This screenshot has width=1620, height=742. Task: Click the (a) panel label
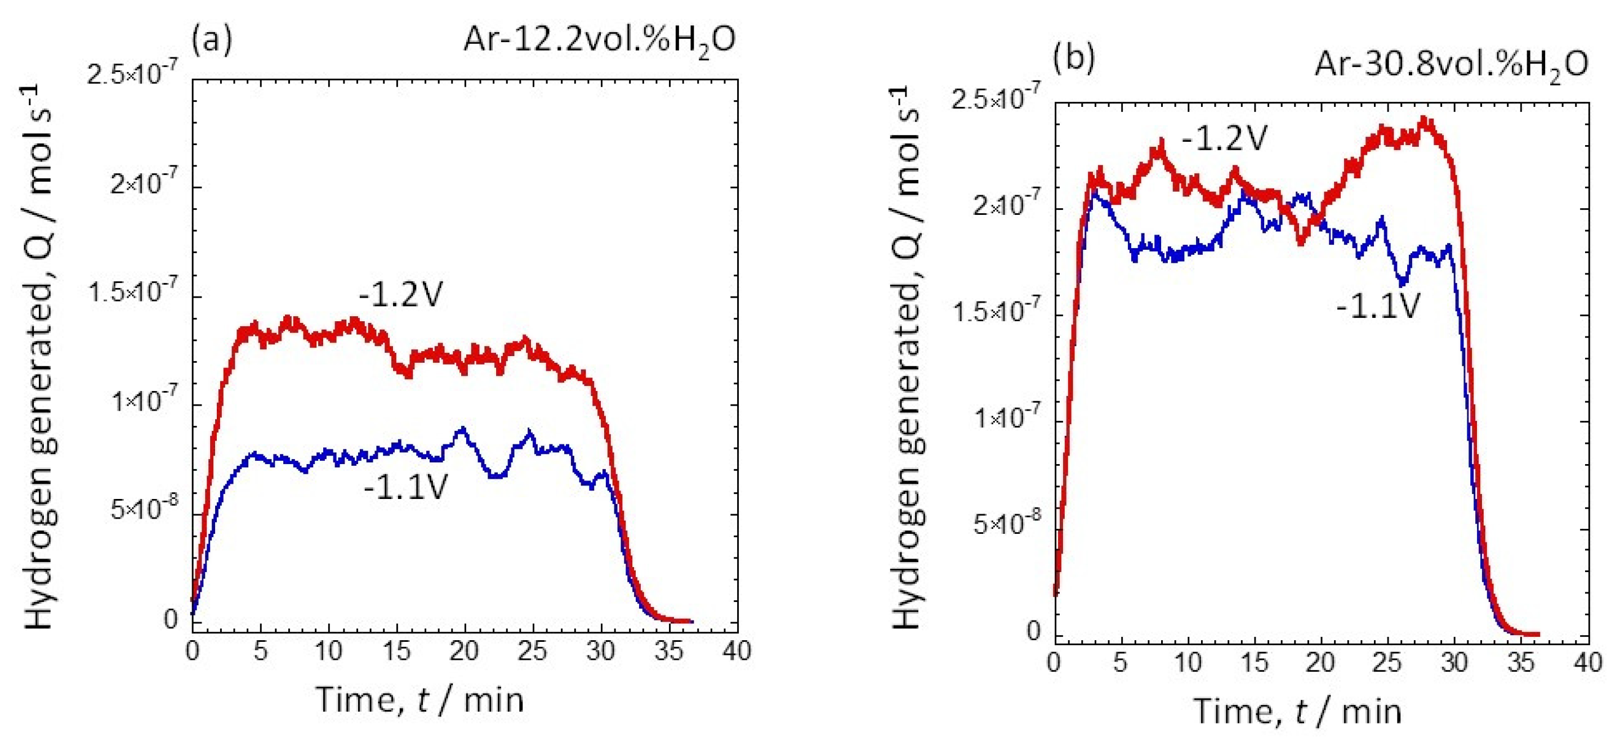coord(212,39)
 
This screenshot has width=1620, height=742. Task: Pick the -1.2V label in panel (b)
coord(1224,138)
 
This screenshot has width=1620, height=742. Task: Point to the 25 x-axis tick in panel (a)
coord(532,651)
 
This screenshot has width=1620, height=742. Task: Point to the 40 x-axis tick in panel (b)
coord(1586,663)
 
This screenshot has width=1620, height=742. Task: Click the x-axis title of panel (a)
coord(419,699)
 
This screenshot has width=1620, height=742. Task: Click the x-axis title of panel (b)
coord(1297,711)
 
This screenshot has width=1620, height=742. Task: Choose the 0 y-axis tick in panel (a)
coord(171,619)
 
